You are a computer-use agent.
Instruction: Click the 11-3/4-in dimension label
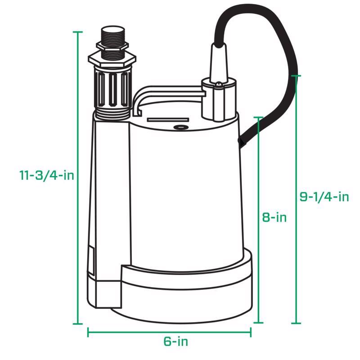click(46, 175)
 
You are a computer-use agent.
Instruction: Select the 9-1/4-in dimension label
click(324, 197)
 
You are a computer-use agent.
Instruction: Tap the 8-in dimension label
click(274, 217)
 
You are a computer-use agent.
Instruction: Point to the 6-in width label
click(175, 341)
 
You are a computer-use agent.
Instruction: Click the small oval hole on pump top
click(182, 127)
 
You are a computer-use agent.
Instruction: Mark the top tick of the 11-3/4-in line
click(78, 32)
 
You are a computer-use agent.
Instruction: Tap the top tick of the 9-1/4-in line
click(296, 76)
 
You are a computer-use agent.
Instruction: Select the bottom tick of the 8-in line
click(258, 323)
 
